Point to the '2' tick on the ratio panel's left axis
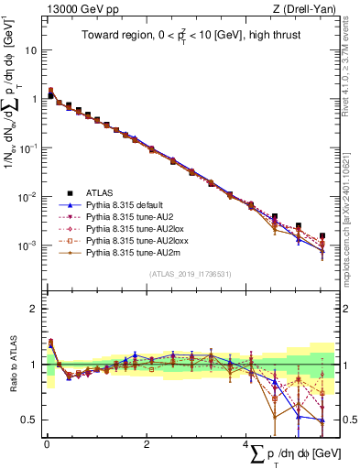coord(35,309)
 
